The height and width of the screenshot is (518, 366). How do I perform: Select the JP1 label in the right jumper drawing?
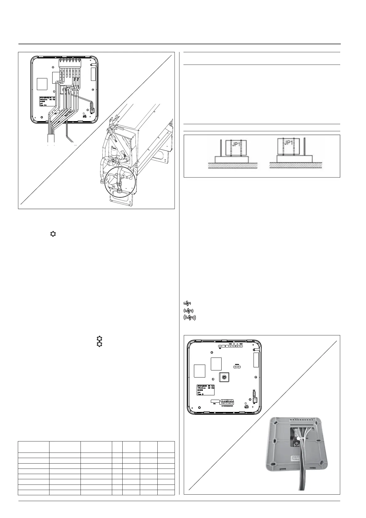(x=289, y=143)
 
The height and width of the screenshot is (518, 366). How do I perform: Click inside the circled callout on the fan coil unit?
(x=118, y=182)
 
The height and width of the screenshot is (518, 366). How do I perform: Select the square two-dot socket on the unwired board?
(x=254, y=400)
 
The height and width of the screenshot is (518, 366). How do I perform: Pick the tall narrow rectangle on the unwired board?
(x=256, y=360)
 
